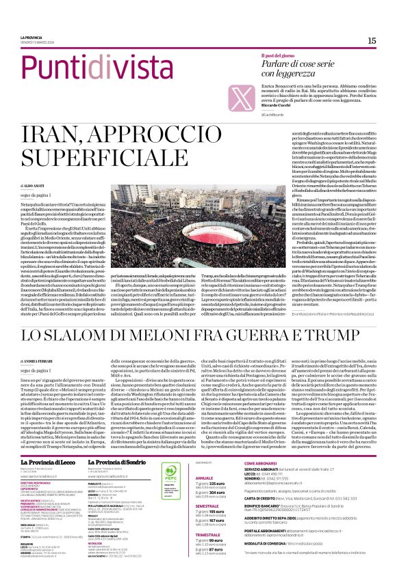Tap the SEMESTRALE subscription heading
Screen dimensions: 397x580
click(209, 506)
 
